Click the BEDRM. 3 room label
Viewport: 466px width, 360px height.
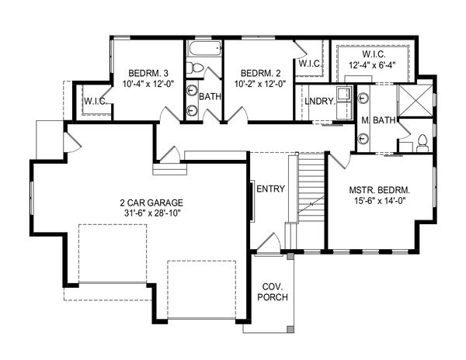pyautogui.click(x=148, y=73)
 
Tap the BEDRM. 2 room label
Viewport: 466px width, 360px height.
pyautogui.click(x=260, y=73)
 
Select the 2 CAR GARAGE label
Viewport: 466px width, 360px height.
pyautogui.click(x=151, y=202)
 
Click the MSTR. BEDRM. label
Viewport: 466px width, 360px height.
pyautogui.click(x=380, y=190)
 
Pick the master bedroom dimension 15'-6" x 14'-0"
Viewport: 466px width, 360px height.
pyautogui.click(x=380, y=201)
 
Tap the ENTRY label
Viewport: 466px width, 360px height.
pyautogui.click(x=270, y=189)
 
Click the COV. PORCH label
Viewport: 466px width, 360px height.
pyautogui.click(x=273, y=292)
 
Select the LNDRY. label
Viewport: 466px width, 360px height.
pyautogui.click(x=320, y=101)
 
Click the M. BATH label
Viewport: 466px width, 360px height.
pyautogui.click(x=378, y=120)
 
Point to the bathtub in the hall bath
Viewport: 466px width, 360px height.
pyautogui.click(x=206, y=48)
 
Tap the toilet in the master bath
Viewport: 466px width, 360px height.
pyautogui.click(x=422, y=143)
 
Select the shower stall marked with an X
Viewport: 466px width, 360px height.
pyautogui.click(x=416, y=101)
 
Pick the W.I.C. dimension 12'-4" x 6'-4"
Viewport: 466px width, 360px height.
pyautogui.click(x=374, y=65)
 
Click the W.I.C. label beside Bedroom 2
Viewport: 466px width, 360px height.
pyautogui.click(x=310, y=63)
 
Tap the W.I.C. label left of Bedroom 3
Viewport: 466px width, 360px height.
pyautogui.click(x=95, y=101)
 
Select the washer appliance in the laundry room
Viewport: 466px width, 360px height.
pyautogui.click(x=344, y=93)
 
